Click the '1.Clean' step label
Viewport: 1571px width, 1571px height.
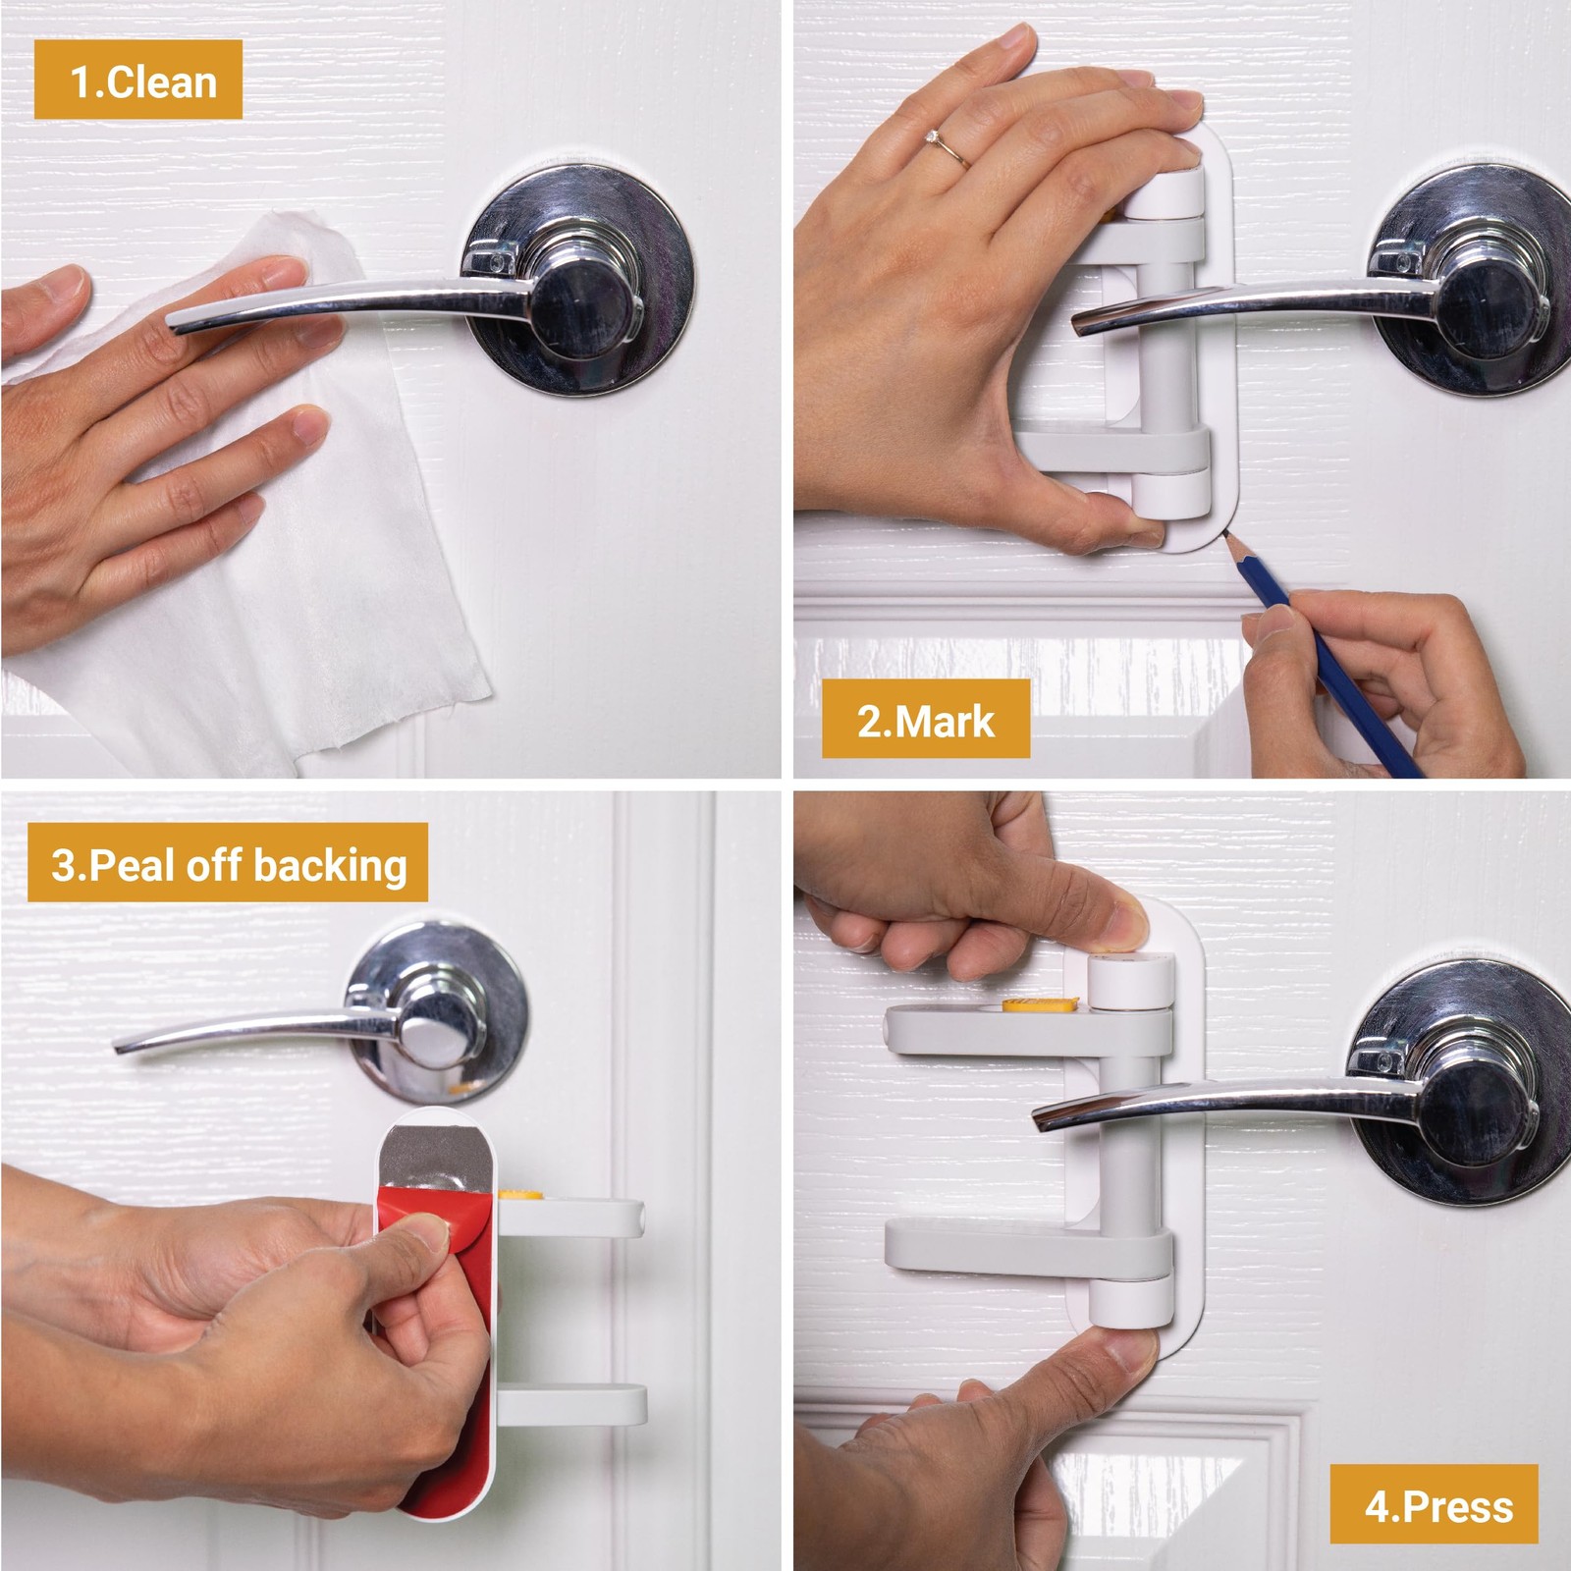click(x=138, y=81)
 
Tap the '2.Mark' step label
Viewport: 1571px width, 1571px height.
click(x=926, y=720)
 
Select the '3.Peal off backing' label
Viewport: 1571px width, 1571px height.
click(x=228, y=863)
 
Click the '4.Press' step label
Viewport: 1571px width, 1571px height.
click(x=1434, y=1504)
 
